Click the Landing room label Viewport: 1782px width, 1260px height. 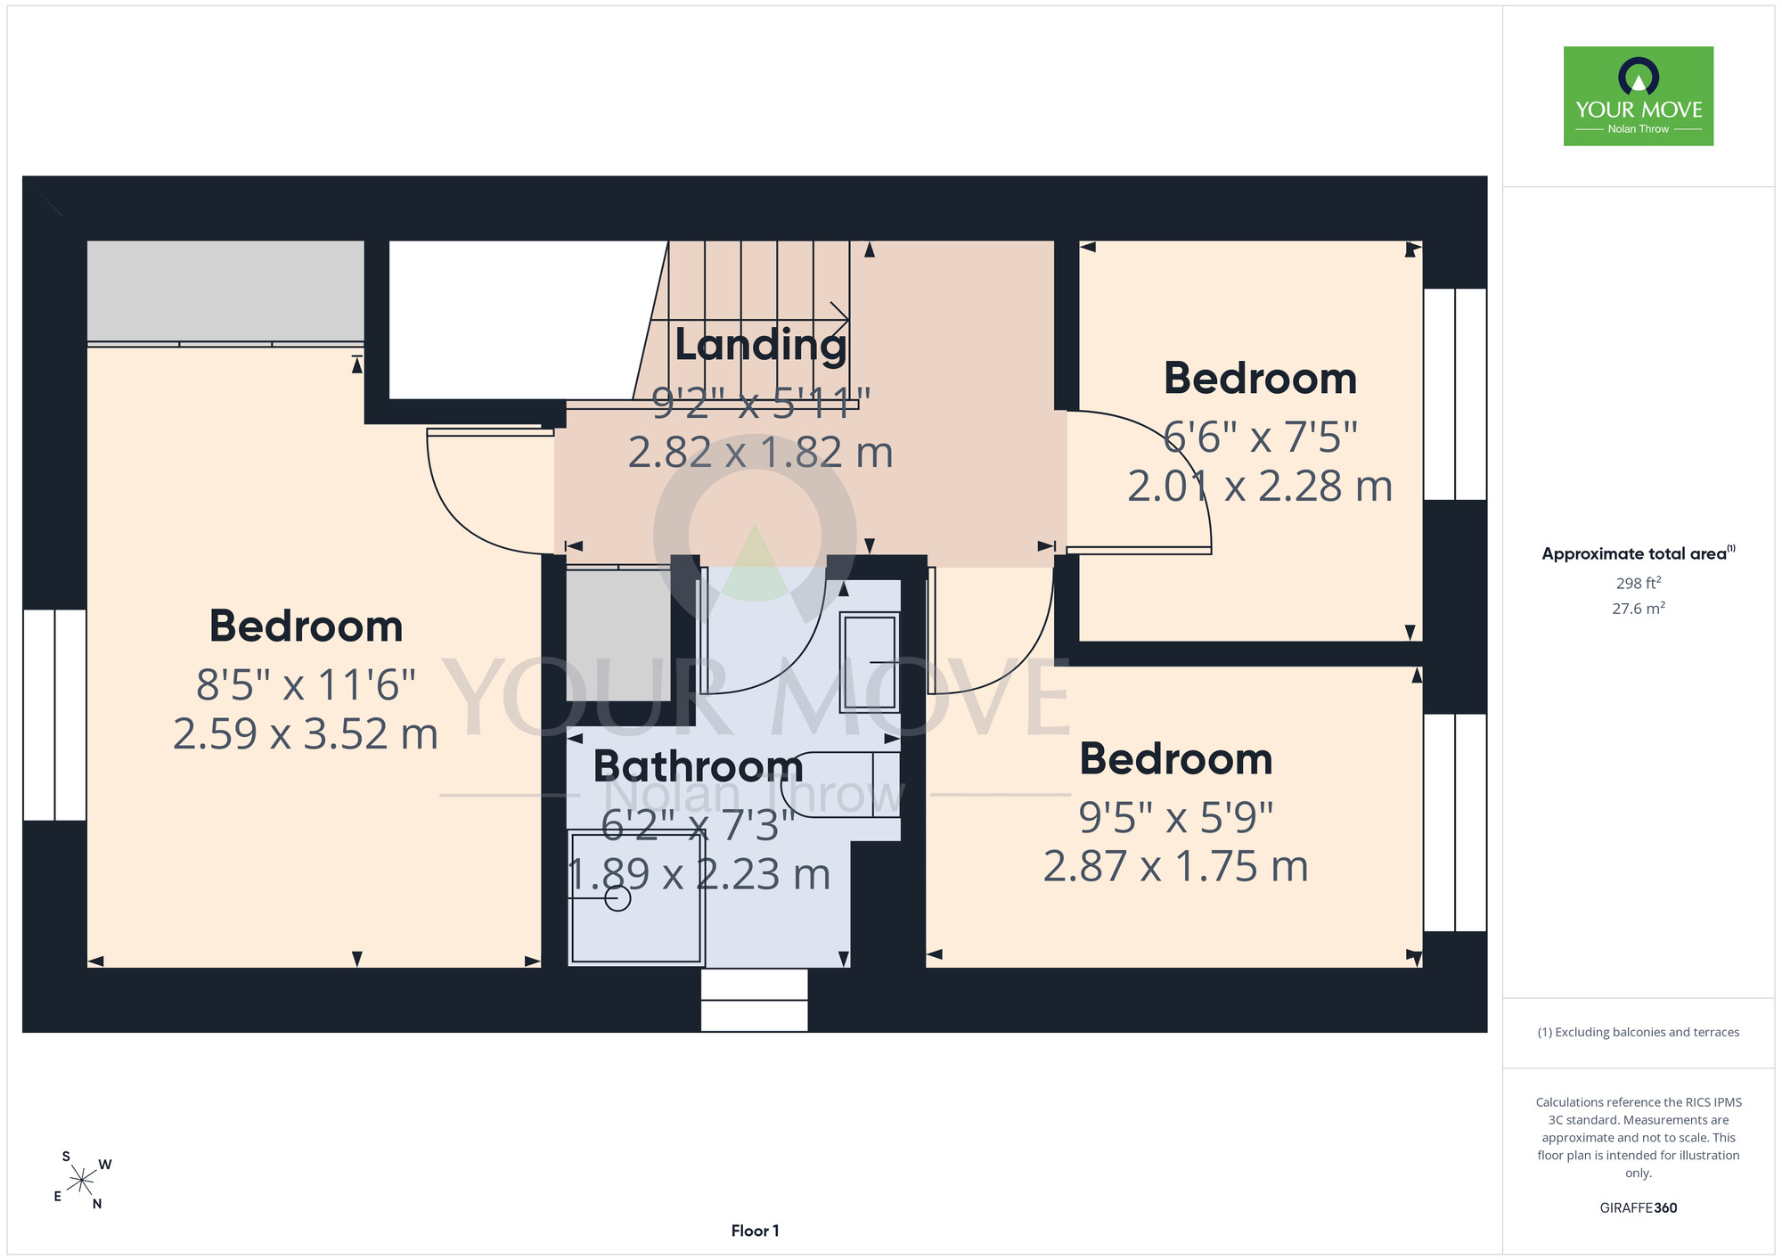click(761, 345)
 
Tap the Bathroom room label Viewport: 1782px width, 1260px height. click(699, 765)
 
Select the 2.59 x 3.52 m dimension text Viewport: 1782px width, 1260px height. click(306, 734)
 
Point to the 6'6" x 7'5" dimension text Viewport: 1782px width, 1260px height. click(1261, 437)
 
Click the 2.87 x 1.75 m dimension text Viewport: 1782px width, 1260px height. click(1176, 866)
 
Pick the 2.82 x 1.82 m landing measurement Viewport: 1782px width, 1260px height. click(761, 453)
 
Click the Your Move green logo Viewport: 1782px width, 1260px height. click(1639, 96)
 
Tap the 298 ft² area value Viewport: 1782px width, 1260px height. click(1639, 583)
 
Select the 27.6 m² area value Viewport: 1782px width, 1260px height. click(1639, 609)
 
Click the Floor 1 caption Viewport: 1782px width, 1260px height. click(755, 1231)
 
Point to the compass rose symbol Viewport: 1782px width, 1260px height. click(82, 1181)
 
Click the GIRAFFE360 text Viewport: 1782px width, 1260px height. click(1639, 1208)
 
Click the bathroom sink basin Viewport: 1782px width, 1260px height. click(870, 662)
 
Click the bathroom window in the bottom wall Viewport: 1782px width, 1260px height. click(754, 1000)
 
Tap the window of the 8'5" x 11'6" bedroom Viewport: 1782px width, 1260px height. click(54, 715)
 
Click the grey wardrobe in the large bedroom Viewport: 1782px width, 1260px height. click(225, 292)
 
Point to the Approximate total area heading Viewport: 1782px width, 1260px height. click(1639, 553)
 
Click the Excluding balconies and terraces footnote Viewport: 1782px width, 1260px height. click(1639, 1032)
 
